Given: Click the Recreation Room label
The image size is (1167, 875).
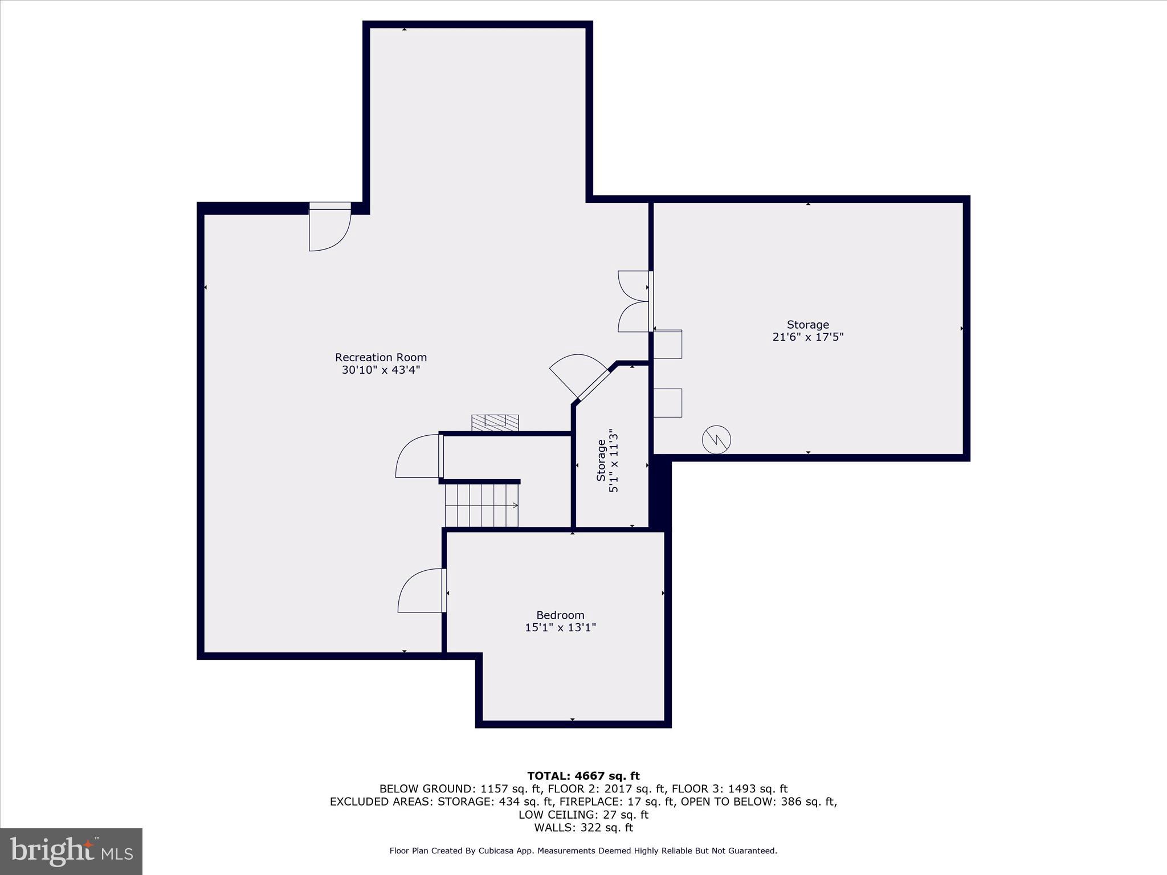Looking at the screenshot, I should click(381, 357).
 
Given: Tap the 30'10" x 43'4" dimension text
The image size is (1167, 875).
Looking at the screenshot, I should click(381, 370).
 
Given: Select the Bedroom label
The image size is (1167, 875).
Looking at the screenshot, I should click(560, 615).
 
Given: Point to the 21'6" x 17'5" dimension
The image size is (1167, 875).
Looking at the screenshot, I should click(807, 337).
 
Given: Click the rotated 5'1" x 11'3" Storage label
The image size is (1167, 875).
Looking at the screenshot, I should click(607, 460).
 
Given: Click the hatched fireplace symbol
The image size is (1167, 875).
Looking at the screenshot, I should click(495, 422).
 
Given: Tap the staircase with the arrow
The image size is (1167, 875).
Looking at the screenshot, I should click(482, 505).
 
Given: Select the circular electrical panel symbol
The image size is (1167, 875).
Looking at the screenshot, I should click(716, 439).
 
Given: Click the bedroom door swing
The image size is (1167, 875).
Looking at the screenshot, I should click(421, 591).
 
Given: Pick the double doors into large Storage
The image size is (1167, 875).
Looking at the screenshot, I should click(634, 301).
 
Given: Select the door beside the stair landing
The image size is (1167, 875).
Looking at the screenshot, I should click(419, 456).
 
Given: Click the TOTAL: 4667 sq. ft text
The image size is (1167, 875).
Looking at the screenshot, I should click(583, 775).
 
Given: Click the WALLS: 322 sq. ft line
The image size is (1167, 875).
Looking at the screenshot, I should click(583, 828).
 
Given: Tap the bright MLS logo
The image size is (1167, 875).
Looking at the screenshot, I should click(71, 851).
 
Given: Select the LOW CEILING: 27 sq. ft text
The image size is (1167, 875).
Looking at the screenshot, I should click(583, 815).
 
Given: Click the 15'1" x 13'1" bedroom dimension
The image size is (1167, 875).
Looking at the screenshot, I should click(560, 627).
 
